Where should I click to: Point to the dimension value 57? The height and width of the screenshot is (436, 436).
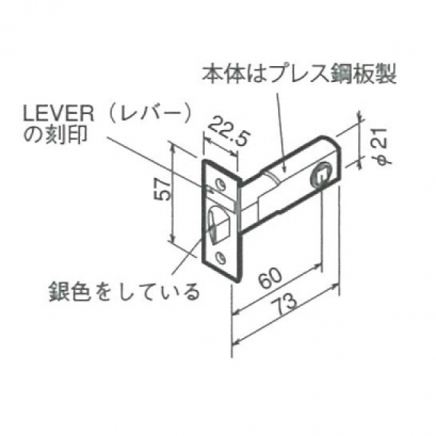coord(161,189)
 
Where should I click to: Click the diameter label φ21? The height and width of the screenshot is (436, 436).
coord(382,146)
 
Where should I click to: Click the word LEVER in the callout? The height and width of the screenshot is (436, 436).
coord(58,115)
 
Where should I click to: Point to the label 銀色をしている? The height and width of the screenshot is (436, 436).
coord(124,291)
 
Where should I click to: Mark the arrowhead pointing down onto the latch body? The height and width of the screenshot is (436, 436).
coord(283,169)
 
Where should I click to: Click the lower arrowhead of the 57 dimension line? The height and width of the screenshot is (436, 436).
coord(173,238)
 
